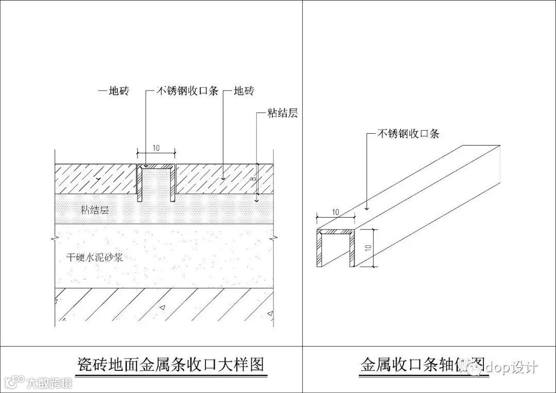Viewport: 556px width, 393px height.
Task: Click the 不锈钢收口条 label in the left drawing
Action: tap(187, 91)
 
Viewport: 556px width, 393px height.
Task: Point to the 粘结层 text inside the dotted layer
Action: tap(95, 210)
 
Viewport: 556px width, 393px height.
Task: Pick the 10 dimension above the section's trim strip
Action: tap(156, 148)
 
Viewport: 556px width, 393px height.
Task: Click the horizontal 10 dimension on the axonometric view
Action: tap(335, 212)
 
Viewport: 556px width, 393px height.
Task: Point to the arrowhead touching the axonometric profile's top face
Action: tap(366, 209)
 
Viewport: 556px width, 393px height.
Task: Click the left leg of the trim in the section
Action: tap(138, 183)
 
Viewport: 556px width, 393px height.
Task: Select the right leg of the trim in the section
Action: tap(173, 183)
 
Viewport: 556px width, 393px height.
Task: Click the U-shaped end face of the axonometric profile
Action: tap(337, 247)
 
